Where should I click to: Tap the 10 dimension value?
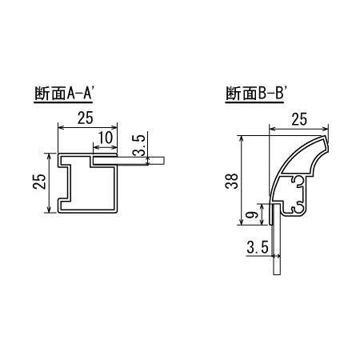102,139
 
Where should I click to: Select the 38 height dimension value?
232,182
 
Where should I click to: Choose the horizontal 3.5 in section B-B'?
257,250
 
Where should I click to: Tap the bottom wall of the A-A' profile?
88,213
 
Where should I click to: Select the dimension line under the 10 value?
104,148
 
